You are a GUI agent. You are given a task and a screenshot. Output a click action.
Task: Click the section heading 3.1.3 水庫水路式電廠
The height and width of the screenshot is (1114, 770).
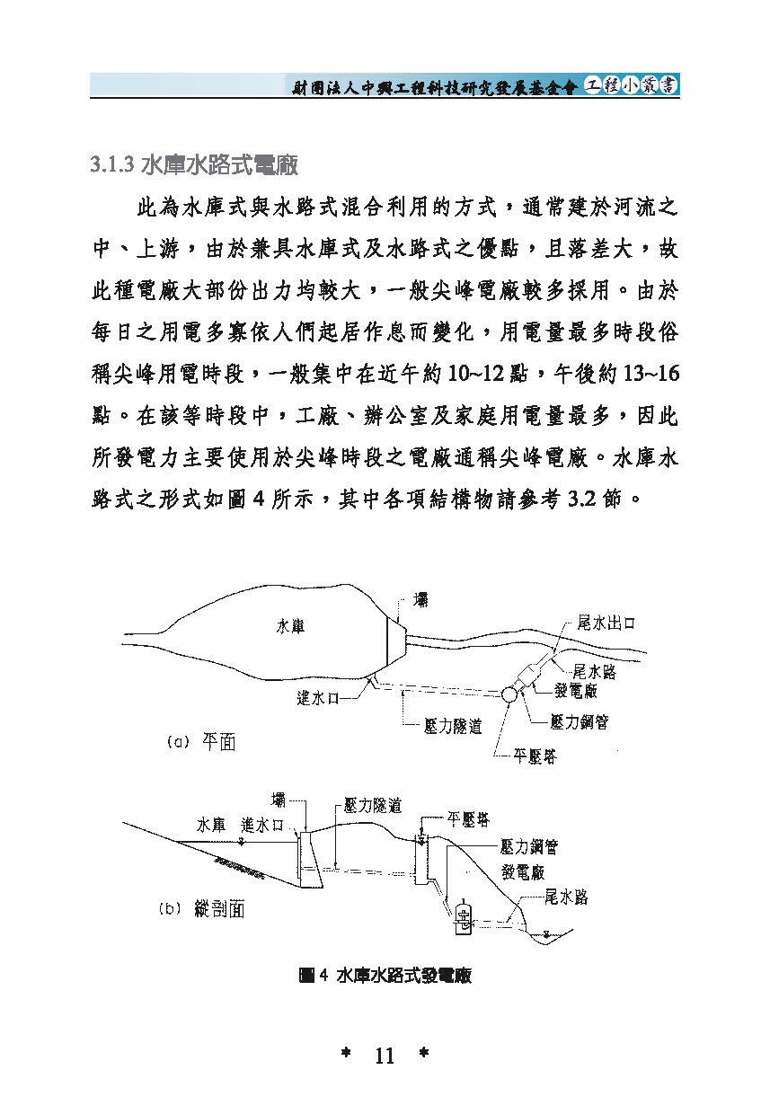pyautogui.click(x=194, y=165)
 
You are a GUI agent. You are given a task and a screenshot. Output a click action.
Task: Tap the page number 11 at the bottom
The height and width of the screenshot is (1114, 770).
pyautogui.click(x=385, y=1055)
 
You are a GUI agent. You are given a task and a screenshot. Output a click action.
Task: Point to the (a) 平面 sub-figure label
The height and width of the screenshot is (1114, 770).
pyautogui.click(x=201, y=742)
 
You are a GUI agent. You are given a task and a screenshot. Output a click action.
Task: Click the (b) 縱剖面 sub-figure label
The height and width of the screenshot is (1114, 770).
pyautogui.click(x=201, y=908)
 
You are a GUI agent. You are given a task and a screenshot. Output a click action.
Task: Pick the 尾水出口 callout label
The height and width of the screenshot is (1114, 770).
pyautogui.click(x=606, y=623)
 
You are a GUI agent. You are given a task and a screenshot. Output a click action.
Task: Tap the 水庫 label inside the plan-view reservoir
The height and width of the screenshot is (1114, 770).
pyautogui.click(x=290, y=626)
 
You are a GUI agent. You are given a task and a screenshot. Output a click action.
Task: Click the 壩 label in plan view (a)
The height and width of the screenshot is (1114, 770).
pyautogui.click(x=420, y=600)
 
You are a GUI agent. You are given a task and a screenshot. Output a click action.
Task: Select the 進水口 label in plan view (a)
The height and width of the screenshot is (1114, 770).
pyautogui.click(x=318, y=698)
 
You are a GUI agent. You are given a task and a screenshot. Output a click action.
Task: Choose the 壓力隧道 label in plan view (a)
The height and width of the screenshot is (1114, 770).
pyautogui.click(x=453, y=726)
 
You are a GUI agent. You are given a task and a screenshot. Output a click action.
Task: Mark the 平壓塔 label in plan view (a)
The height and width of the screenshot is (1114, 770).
pyautogui.click(x=535, y=756)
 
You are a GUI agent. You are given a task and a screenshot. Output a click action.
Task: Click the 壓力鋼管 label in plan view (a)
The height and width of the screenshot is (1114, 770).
pyautogui.click(x=580, y=721)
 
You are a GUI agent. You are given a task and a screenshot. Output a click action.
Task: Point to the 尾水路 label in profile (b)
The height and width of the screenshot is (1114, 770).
pyautogui.click(x=566, y=883)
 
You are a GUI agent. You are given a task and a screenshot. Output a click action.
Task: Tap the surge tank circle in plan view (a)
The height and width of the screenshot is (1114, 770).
pyautogui.click(x=509, y=694)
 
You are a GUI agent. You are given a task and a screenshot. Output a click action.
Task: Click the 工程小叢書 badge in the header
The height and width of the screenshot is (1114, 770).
pyautogui.click(x=630, y=85)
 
